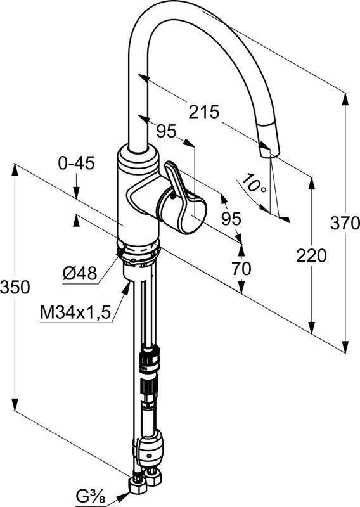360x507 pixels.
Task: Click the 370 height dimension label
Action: tap(345, 223)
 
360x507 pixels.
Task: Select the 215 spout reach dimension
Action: tap(204, 112)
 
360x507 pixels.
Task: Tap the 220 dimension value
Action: tap(311, 256)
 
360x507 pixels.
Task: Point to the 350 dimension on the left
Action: tap(15, 287)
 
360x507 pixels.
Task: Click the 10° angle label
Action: tap(255, 183)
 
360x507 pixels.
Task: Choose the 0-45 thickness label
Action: tap(76, 163)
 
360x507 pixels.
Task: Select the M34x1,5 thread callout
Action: tap(75, 312)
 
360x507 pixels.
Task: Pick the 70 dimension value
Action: tap(241, 268)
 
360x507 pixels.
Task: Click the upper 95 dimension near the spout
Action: tap(166, 131)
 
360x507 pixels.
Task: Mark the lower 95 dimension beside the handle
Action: tap(231, 219)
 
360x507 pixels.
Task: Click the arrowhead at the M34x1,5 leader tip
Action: tap(127, 288)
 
